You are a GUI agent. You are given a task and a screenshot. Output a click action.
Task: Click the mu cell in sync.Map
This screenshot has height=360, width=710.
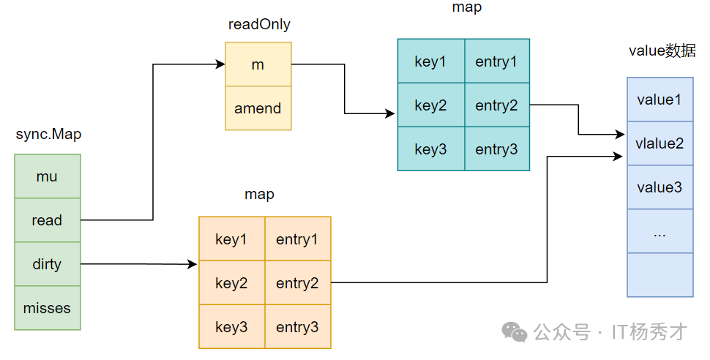coord(48,176)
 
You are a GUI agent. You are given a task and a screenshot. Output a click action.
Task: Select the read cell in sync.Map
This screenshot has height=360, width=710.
coord(48,220)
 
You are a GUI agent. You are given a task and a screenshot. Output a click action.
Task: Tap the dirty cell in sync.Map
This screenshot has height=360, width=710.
coord(48,264)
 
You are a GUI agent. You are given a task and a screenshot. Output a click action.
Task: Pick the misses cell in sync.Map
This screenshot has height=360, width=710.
coord(48,308)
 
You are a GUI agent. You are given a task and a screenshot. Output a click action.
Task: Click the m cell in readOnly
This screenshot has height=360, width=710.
coord(258,64)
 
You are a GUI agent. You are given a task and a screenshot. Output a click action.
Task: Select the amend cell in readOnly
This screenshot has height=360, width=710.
coord(258,108)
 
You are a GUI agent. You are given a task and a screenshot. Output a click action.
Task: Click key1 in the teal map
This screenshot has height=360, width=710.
coord(431,61)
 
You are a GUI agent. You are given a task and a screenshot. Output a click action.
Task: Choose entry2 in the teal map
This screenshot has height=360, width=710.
coord(497,105)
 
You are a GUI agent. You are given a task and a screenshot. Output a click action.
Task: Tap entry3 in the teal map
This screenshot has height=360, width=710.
coord(497,149)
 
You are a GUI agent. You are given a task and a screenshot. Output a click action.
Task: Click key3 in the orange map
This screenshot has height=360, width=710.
coord(232,326)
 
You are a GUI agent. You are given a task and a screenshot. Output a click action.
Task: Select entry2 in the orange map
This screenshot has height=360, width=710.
coord(297,283)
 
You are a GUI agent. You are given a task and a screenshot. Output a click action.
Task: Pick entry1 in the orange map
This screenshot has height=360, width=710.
coord(297,239)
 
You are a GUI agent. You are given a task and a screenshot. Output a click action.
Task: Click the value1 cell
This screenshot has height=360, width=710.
coord(659,100)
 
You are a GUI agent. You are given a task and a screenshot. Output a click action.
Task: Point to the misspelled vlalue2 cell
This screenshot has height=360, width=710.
coord(659,143)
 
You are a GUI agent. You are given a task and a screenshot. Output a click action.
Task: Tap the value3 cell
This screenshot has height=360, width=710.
coord(659,187)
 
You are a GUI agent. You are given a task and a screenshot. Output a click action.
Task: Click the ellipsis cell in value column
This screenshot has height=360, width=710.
coord(659,231)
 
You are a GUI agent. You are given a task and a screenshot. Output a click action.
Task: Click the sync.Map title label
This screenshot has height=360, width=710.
coord(48,135)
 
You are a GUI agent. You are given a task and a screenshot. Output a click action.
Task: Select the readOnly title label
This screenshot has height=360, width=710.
coord(259,24)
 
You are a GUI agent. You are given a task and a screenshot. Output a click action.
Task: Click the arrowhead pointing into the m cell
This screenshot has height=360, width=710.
coord(220,64)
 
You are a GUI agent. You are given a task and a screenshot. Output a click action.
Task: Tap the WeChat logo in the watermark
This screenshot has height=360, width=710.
coord(515,332)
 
